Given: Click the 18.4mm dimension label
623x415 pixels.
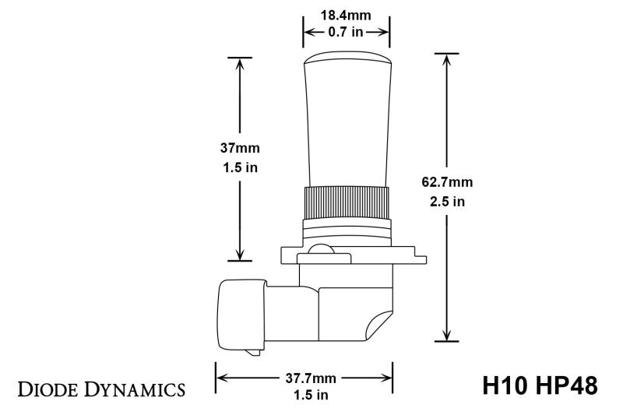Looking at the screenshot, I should click(346, 14).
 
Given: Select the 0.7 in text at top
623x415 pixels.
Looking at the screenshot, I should click(346, 32).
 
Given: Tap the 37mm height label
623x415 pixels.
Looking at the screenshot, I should click(239, 148).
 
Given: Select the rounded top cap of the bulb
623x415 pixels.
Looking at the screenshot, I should click(346, 59).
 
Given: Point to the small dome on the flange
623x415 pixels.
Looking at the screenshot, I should click(319, 250).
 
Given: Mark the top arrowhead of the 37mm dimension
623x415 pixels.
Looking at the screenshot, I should click(240, 63).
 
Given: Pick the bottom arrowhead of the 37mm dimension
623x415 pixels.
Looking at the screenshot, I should click(240, 255).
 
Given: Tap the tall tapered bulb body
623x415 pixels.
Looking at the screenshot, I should click(346, 125).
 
